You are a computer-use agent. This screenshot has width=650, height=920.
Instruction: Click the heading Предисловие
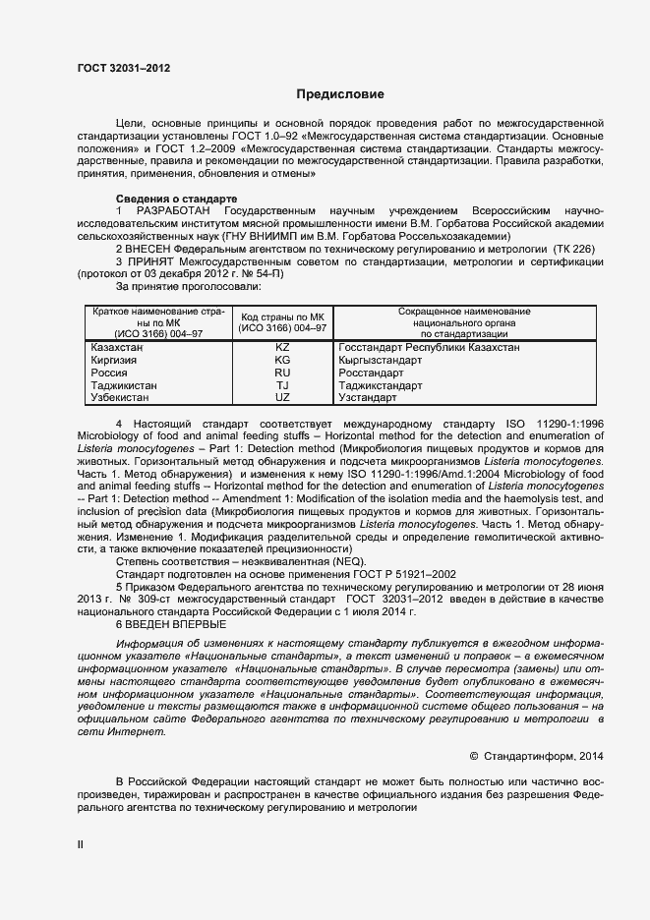tap(341, 94)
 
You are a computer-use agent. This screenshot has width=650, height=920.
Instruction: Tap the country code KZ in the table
tap(282, 348)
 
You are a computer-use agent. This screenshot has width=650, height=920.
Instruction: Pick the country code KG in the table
tap(282, 361)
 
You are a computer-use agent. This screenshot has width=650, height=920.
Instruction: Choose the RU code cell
tap(282, 374)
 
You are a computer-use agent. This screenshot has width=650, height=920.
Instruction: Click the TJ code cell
tap(282, 386)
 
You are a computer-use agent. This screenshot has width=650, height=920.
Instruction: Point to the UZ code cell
tap(282, 398)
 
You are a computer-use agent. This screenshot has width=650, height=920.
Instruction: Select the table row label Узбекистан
tap(120, 398)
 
